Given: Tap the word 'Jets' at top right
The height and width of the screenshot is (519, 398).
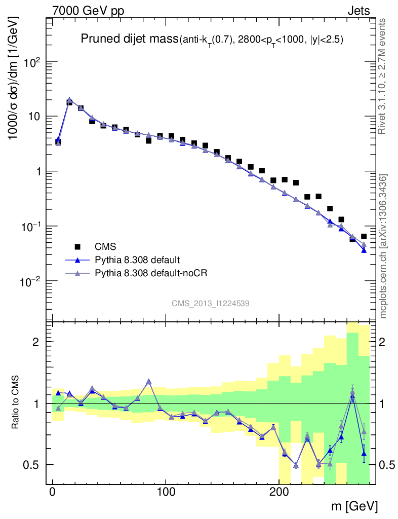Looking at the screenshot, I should click(x=358, y=11).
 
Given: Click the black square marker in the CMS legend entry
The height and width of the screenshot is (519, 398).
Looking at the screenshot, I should click(x=77, y=247).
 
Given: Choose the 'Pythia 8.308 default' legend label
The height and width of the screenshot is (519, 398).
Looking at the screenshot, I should click(x=137, y=260).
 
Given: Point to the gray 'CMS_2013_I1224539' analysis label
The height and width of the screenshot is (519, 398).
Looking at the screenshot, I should click(x=211, y=303).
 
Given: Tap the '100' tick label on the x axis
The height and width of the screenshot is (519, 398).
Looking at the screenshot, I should click(x=166, y=491).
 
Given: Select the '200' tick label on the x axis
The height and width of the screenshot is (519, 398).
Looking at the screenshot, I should click(x=279, y=491).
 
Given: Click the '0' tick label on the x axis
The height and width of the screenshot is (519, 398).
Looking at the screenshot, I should click(x=53, y=491).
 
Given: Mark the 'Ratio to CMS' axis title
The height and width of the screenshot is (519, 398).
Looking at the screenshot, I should click(x=17, y=402).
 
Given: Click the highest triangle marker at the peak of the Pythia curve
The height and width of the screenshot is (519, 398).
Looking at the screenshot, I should click(x=69, y=100).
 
